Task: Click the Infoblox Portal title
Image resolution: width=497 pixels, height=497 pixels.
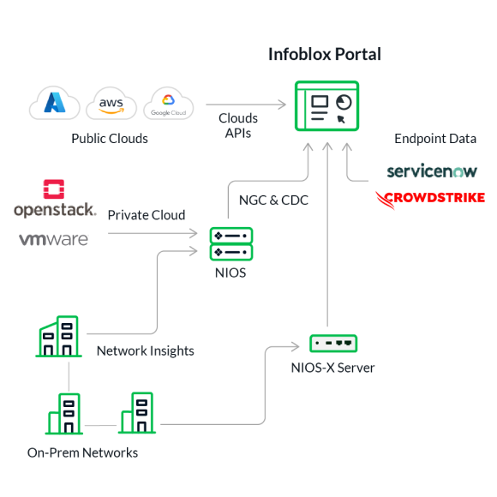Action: [325, 54]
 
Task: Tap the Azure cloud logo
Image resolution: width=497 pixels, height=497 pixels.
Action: [55, 103]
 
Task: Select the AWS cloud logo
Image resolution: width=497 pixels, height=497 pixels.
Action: [111, 104]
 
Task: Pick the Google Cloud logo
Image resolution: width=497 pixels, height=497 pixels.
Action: [168, 104]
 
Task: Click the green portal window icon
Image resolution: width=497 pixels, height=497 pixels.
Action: [326, 106]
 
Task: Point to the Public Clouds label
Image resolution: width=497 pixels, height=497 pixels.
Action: [110, 139]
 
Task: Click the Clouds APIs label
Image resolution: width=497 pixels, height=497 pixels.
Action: [238, 125]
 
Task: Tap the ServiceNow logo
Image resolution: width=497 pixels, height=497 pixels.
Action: [432, 171]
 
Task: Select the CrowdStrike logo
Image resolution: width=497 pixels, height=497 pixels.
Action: [430, 199]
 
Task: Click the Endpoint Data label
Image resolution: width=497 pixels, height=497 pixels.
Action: [435, 139]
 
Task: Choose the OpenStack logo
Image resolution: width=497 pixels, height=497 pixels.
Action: [55, 199]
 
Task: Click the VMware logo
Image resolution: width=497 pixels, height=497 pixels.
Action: [54, 239]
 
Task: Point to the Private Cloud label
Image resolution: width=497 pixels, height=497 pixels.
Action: [147, 215]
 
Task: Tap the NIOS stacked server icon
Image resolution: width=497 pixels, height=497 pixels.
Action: [231, 243]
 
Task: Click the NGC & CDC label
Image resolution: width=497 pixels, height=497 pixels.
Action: [273, 201]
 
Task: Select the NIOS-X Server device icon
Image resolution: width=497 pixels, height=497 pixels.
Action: [333, 344]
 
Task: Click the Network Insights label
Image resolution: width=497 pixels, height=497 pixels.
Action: [146, 350]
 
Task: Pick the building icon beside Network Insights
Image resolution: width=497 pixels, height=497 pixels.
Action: [58, 336]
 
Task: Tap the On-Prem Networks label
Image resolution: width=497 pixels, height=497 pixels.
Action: [83, 453]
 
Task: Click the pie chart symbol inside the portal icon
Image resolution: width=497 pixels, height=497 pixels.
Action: [344, 102]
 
